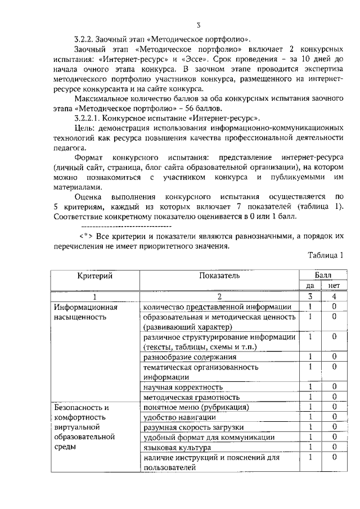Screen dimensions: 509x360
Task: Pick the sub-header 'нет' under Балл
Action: coord(334,285)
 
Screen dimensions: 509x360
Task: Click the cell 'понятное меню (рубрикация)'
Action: coord(196,407)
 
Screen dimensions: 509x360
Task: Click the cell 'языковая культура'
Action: coord(177,447)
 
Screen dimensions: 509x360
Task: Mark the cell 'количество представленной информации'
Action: coord(217,307)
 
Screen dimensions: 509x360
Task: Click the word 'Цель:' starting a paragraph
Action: coord(84,129)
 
